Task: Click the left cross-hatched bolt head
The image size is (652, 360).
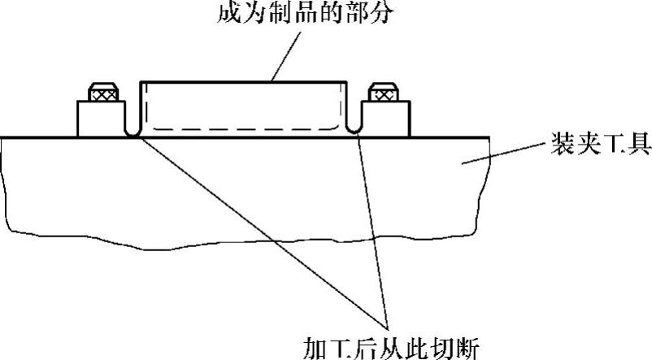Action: click(x=103, y=93)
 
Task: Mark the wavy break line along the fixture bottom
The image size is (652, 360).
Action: click(x=244, y=246)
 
